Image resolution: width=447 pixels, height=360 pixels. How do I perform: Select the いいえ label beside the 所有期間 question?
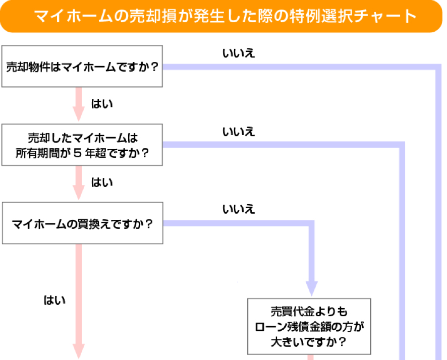pos(238,132)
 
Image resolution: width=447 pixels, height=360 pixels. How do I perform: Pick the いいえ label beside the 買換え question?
pos(238,209)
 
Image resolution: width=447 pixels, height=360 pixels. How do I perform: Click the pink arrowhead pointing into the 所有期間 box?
pos(79,115)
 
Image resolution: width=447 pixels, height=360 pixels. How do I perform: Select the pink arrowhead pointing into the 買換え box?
pos(79,193)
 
